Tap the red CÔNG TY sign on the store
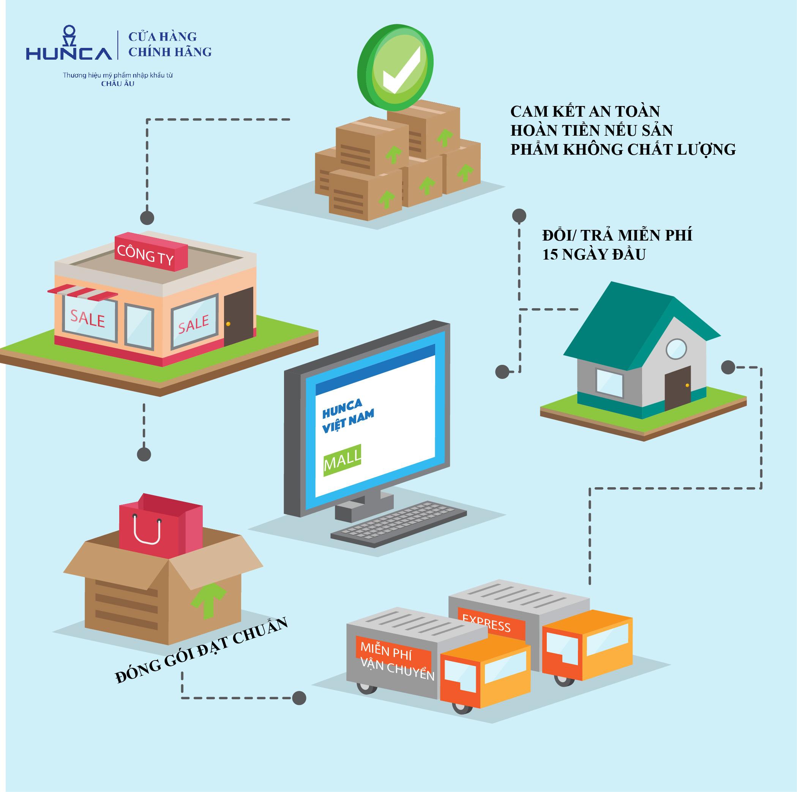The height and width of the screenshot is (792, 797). [151, 252]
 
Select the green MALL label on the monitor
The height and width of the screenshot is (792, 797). [342, 461]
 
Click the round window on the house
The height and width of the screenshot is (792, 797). [677, 348]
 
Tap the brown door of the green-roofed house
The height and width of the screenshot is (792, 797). [677, 388]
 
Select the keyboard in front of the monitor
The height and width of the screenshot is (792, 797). [399, 524]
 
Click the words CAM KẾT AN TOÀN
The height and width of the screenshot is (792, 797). [585, 111]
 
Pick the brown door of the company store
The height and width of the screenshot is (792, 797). [238, 317]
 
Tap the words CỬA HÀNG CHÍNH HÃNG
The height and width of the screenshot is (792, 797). [170, 44]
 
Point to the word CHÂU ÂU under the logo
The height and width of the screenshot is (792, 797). [118, 83]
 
